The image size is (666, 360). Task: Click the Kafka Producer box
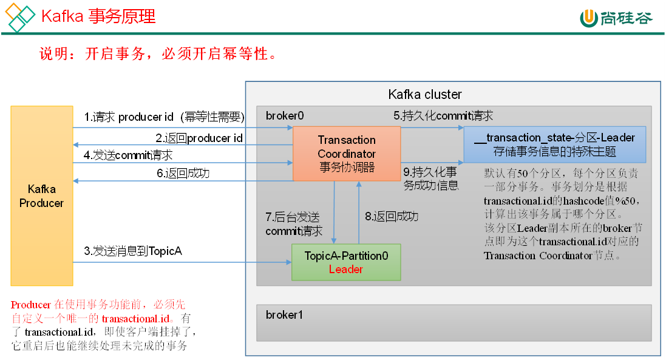41,195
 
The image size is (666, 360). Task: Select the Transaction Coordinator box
347,154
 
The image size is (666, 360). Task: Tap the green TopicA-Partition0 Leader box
346,262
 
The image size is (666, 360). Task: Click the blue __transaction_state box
554,144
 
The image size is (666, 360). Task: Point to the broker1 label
284,314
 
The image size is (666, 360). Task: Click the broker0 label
285,115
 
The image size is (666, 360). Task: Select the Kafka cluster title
425,95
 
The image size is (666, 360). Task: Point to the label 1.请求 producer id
164,117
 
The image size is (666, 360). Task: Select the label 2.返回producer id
199,138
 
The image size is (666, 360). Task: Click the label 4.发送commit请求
128,155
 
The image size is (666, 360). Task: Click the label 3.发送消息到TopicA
133,251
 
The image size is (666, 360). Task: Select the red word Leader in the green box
346,269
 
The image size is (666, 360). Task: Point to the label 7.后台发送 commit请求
294,223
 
